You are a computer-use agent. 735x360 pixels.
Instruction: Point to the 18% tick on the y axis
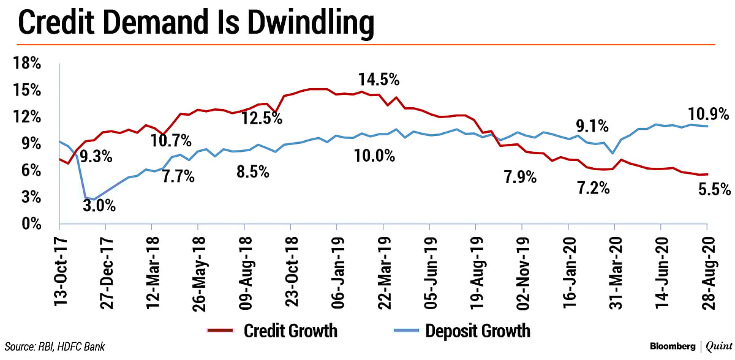coord(24,64)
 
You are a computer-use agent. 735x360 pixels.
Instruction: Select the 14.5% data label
coord(379,80)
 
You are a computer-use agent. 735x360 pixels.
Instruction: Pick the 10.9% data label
coord(707,113)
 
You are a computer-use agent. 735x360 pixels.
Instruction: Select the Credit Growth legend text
coord(290,331)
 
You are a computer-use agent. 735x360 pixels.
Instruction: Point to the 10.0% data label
coord(374,156)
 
